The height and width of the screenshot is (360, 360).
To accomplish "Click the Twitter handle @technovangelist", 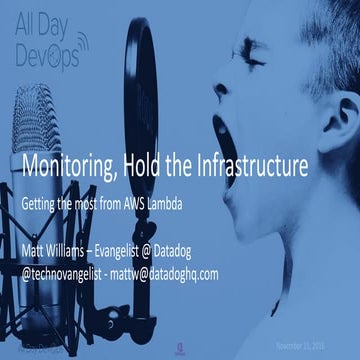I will (71, 268).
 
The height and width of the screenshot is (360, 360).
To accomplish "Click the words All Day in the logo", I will (46, 35).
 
